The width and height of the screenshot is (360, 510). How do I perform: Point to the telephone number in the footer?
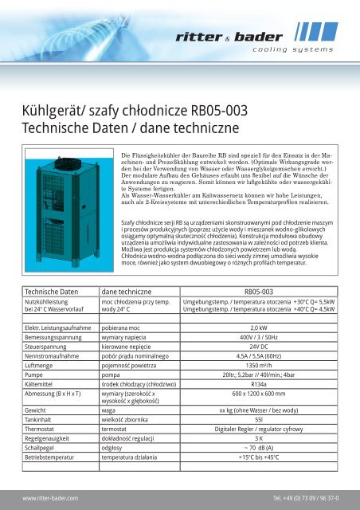[304, 497]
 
